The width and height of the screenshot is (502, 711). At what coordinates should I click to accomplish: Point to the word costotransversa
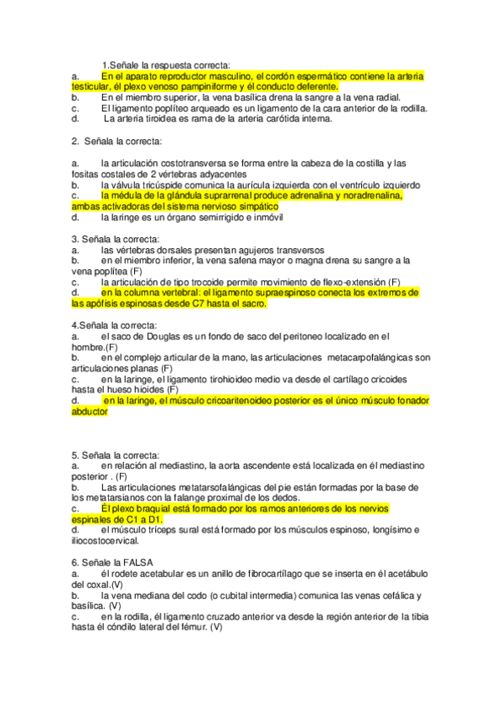(x=174, y=163)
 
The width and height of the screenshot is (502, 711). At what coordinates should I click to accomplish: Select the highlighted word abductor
(x=91, y=413)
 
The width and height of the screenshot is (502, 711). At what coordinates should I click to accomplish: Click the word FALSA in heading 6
(x=134, y=562)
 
